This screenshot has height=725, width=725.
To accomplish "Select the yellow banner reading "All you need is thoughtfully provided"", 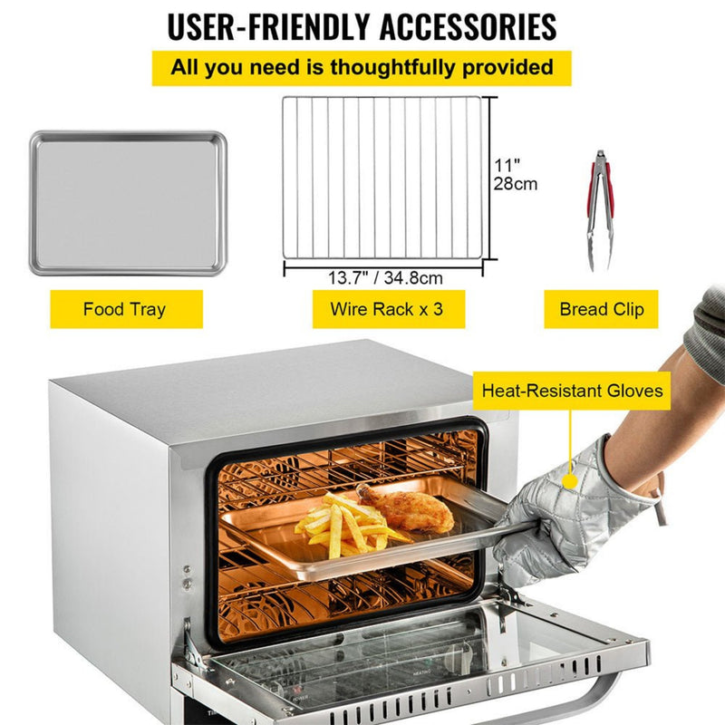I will pyautogui.click(x=362, y=68).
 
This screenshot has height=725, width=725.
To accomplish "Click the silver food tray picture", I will pyautogui.click(x=127, y=203).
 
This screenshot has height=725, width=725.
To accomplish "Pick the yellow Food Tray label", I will pyautogui.click(x=125, y=310).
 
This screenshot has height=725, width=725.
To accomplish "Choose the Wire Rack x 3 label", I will pyautogui.click(x=386, y=310).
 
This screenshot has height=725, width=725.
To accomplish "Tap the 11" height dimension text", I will pyautogui.click(x=507, y=166).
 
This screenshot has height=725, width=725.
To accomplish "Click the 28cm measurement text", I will pyautogui.click(x=516, y=184).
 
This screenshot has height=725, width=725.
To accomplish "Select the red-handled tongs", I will pyautogui.click(x=600, y=208).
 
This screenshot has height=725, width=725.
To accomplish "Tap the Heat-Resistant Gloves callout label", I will pyautogui.click(x=572, y=392).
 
